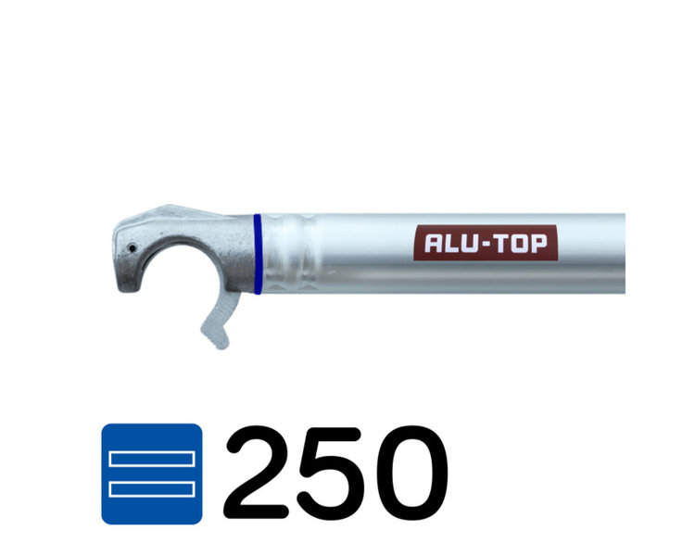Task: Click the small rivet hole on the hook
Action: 133,247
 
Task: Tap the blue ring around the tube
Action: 257,254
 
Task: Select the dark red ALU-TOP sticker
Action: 485,244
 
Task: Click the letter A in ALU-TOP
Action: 434,245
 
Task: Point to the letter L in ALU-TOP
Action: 451,245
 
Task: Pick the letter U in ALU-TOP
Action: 470,245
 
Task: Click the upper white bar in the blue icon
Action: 151,459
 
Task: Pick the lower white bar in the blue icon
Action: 151,488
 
